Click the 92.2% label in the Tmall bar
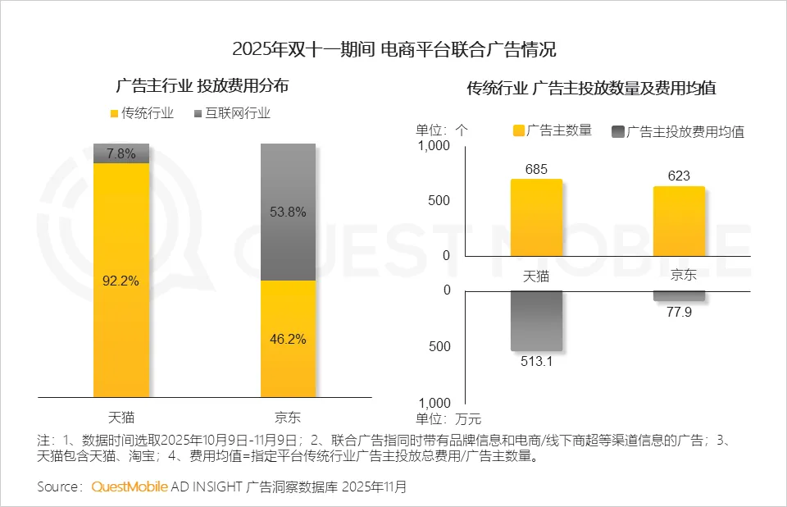click(x=121, y=281)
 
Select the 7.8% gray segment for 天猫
click(x=121, y=153)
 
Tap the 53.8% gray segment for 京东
click(x=288, y=212)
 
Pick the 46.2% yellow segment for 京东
click(x=288, y=339)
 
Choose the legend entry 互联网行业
click(x=236, y=113)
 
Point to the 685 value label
click(x=536, y=169)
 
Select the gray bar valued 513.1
click(x=536, y=321)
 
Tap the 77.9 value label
click(x=679, y=312)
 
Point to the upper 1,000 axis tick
click(x=434, y=146)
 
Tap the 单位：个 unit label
click(x=442, y=130)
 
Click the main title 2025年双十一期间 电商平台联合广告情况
click(x=393, y=50)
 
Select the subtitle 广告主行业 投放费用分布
click(x=202, y=85)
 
